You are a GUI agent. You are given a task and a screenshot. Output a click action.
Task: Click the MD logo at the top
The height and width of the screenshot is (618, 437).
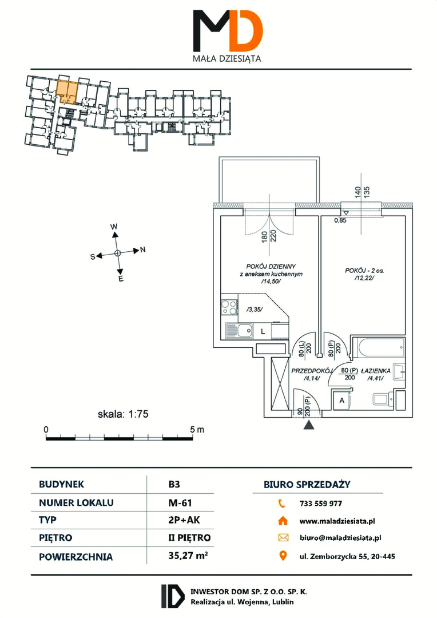(228, 31)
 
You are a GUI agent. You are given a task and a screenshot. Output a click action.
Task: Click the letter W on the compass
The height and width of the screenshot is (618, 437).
(114, 227)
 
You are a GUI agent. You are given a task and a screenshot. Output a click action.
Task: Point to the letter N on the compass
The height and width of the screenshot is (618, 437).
(143, 249)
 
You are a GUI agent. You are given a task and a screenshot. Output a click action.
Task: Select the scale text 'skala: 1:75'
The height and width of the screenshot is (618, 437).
(123, 414)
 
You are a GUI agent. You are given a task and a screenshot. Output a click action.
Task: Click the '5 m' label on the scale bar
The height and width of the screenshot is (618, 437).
(197, 429)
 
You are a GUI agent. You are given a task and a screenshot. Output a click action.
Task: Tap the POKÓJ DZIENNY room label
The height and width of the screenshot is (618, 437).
(271, 267)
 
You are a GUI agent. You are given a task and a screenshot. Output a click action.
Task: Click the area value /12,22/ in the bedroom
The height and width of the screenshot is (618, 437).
(364, 278)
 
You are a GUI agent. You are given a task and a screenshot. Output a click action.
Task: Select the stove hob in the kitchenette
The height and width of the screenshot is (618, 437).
(229, 307)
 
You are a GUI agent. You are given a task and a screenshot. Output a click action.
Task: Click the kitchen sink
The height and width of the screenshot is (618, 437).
(240, 330)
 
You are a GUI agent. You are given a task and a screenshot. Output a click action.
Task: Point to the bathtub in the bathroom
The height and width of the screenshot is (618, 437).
(378, 347)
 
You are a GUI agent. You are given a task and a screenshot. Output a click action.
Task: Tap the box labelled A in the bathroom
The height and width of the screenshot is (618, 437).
(342, 401)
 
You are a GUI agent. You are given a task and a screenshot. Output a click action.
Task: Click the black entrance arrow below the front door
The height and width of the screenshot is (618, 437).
(309, 425)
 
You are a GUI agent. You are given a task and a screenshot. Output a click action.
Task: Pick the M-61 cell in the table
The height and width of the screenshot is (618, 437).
(180, 502)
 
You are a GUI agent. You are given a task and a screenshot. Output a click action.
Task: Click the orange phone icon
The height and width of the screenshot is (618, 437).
(282, 503)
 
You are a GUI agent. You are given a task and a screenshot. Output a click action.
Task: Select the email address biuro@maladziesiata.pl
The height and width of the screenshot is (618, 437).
(340, 537)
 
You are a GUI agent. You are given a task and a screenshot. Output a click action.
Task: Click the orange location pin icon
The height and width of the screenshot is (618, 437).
(283, 556)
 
